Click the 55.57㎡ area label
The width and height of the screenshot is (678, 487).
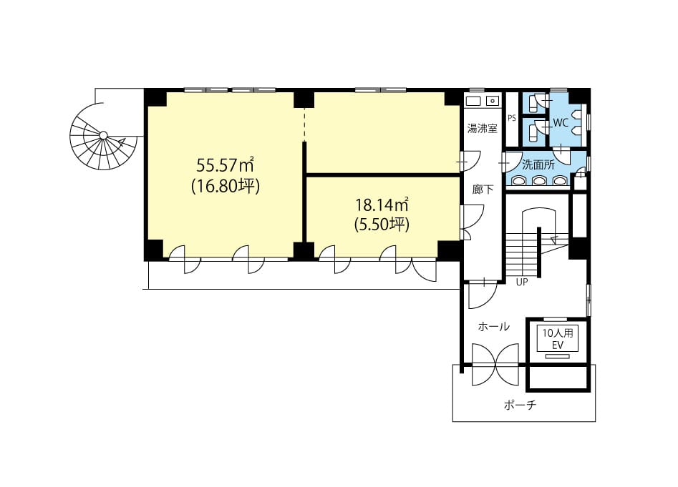224,165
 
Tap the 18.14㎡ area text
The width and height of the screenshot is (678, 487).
382,205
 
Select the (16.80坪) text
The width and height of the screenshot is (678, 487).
226,187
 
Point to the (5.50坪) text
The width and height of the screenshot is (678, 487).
382,225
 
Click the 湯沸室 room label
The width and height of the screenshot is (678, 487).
482,128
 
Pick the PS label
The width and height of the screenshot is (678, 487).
512,118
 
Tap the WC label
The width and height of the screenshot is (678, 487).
561,122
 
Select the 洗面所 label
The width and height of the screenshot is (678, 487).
538,164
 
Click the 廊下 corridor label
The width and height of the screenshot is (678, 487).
483,189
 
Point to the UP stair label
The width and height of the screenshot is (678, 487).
522,282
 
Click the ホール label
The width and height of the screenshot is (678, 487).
493,327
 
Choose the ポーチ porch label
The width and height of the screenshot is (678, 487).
520,405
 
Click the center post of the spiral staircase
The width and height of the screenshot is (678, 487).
103,135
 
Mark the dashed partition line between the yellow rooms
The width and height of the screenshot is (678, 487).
304,124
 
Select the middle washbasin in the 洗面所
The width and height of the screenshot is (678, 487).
539,180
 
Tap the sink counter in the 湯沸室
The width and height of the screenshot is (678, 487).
482,101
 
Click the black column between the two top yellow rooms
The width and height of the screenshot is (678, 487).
304,99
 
